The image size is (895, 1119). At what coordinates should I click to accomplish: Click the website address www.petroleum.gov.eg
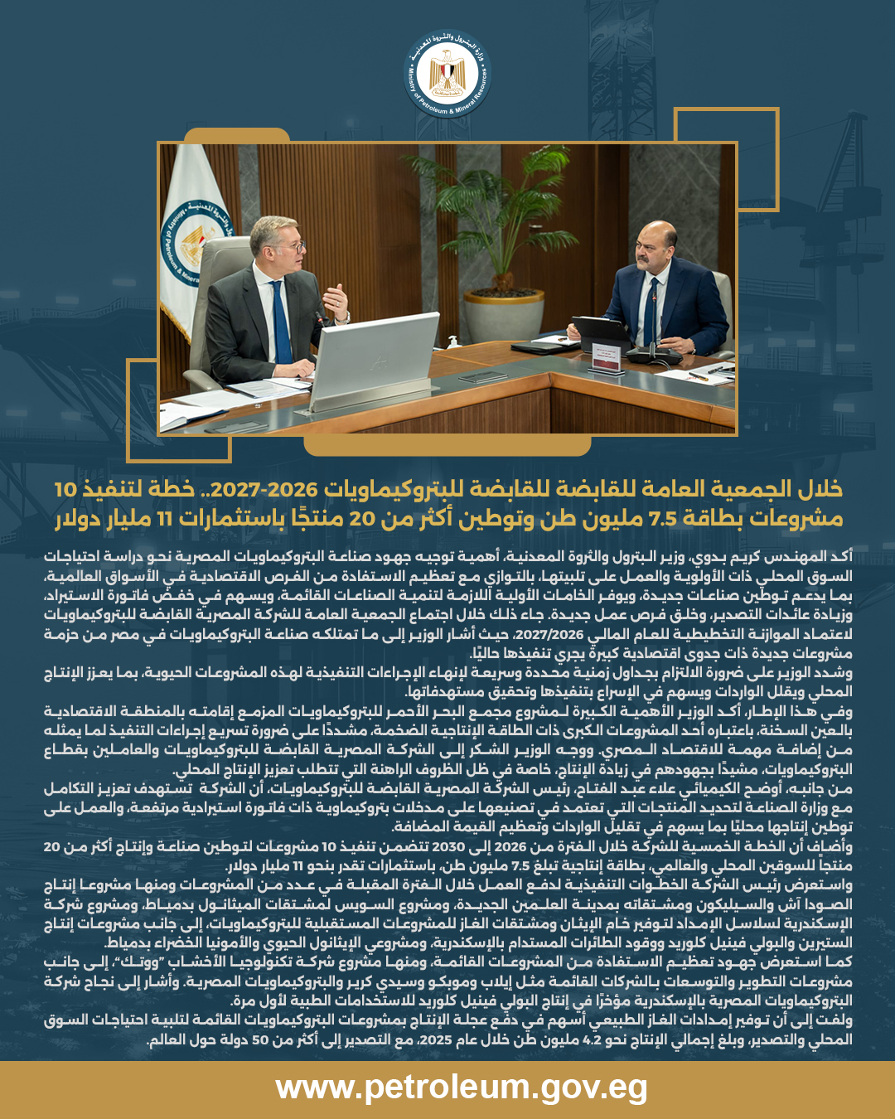coord(462,1088)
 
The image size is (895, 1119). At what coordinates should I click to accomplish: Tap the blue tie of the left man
coord(281,324)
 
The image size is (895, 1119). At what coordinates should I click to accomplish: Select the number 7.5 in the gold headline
coord(662,519)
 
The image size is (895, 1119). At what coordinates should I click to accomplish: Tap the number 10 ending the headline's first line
coord(65,489)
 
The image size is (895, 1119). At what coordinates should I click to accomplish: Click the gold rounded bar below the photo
coord(447,446)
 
